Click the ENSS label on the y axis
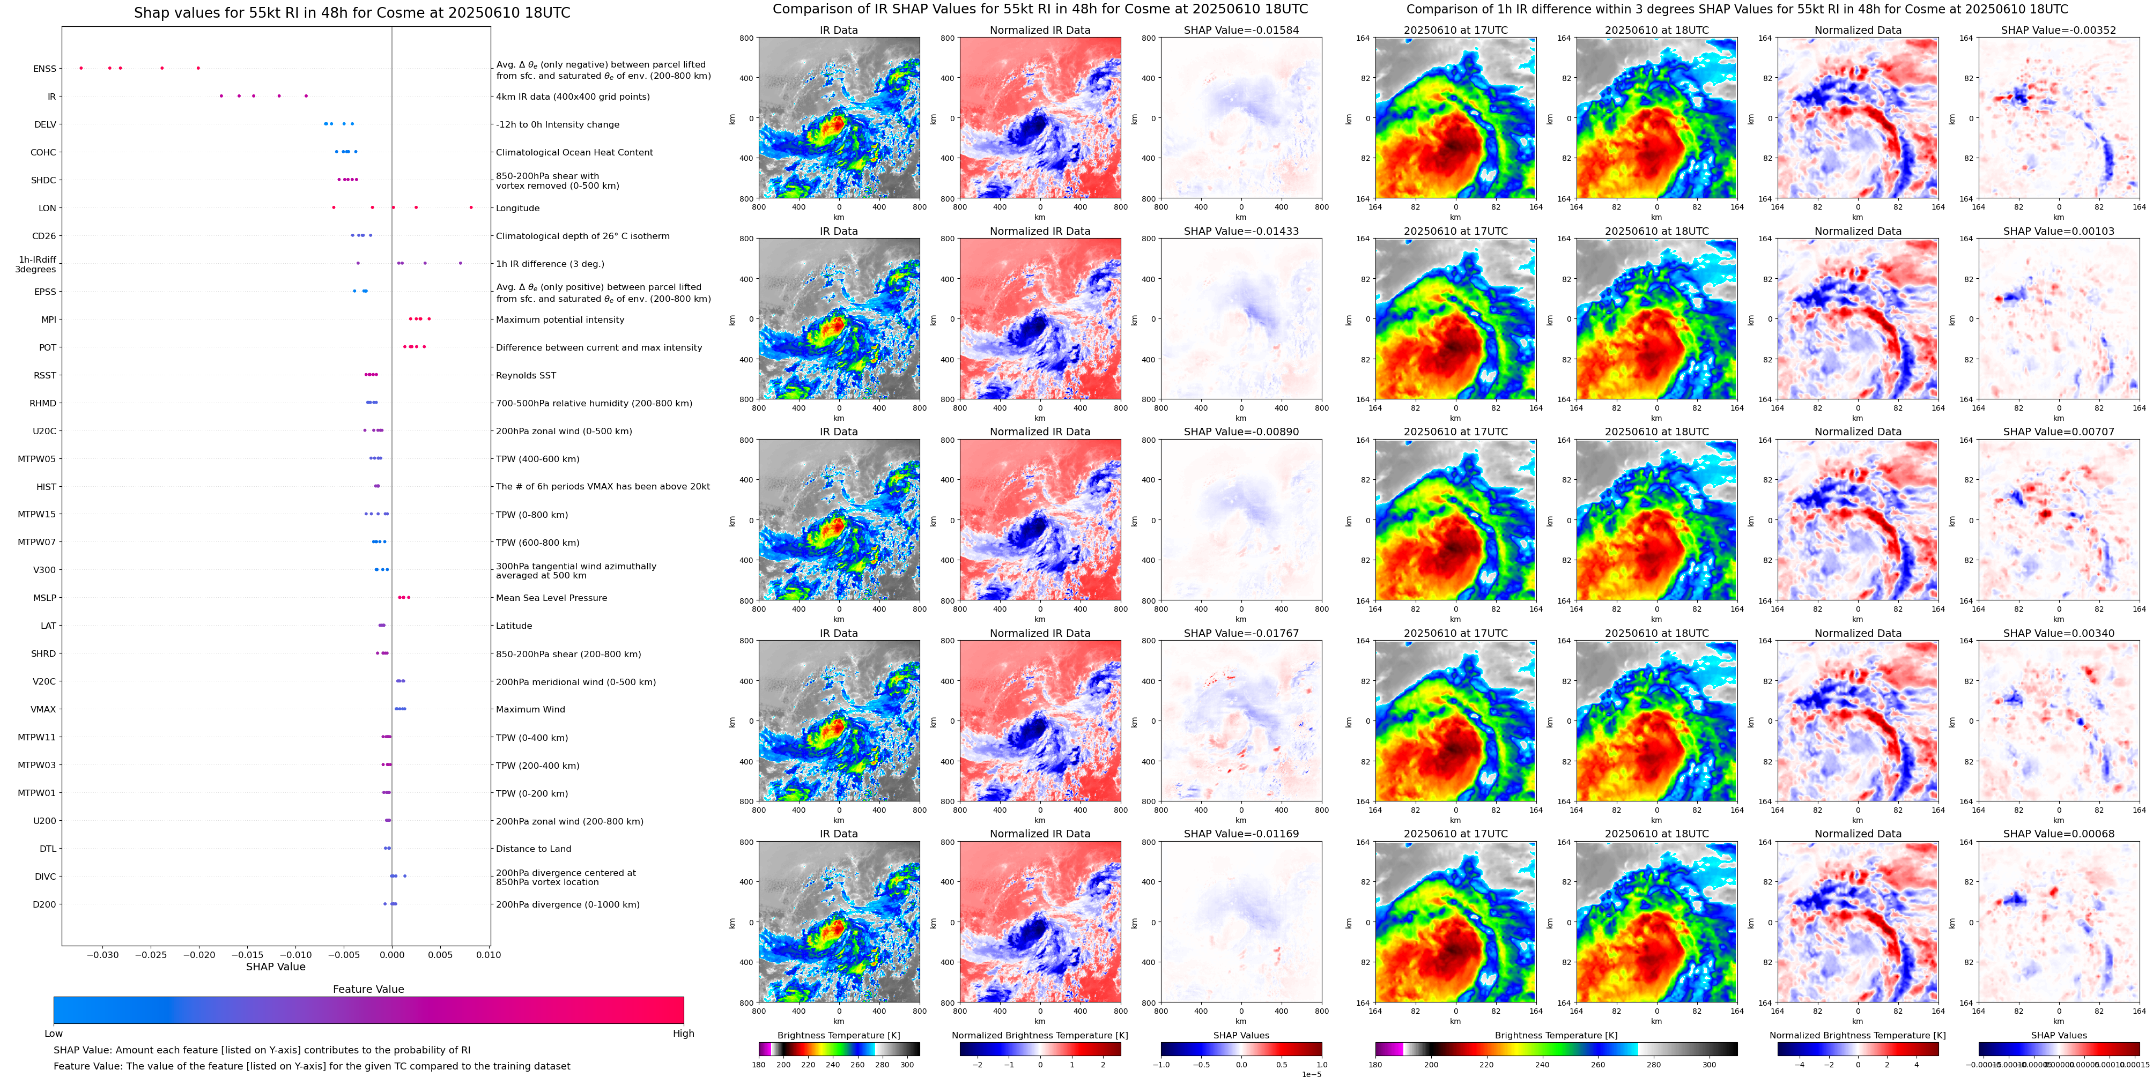(x=45, y=69)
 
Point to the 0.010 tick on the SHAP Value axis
(x=489, y=954)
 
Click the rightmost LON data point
(x=471, y=207)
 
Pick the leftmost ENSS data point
(x=81, y=68)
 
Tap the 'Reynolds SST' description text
(x=525, y=375)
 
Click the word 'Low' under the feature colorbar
(x=54, y=1034)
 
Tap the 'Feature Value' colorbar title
(x=368, y=989)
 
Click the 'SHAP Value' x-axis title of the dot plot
(x=275, y=967)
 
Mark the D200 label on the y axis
(x=45, y=904)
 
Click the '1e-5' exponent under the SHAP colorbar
(x=1311, y=1074)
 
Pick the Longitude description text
(x=517, y=208)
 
